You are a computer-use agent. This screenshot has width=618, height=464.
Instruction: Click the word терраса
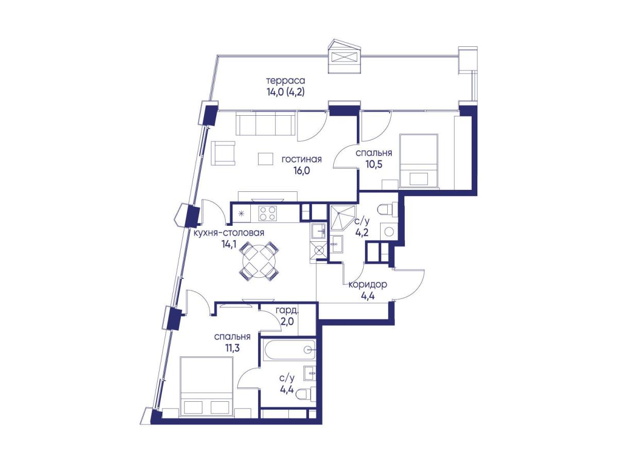(285, 81)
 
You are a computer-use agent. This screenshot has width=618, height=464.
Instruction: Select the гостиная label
(302, 159)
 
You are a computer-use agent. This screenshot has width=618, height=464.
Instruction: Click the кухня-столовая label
(229, 233)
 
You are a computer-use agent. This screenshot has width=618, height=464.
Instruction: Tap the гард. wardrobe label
(287, 311)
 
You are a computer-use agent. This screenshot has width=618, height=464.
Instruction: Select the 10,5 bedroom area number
(373, 164)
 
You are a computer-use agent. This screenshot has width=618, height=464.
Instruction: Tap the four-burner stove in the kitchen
(268, 213)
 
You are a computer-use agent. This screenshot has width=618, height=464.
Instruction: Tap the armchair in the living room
(222, 153)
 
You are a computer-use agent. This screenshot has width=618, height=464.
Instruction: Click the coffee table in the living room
(265, 159)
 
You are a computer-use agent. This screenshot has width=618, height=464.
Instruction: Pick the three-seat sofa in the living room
(267, 124)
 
